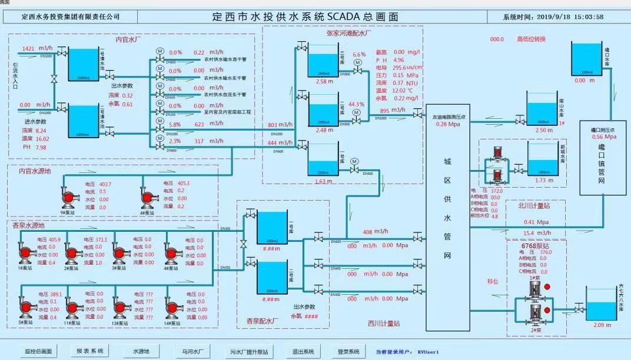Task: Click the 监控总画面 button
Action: [x=38, y=351]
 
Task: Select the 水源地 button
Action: [x=141, y=351]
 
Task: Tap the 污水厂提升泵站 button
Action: [x=248, y=351]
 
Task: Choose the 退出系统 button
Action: [x=303, y=351]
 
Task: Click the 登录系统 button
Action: [x=348, y=351]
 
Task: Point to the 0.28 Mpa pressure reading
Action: [x=447, y=124]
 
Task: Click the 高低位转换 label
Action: [x=531, y=39]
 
